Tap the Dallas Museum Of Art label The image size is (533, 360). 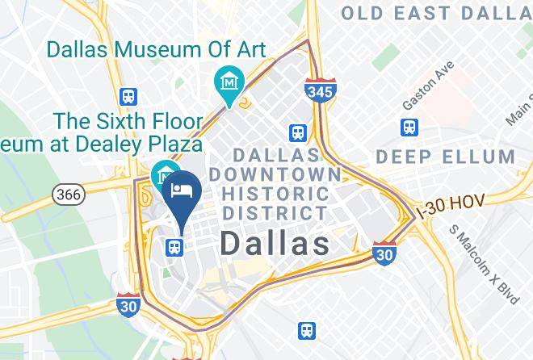(156, 48)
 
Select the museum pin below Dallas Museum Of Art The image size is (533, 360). (230, 83)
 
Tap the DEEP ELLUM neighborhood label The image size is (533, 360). (445, 156)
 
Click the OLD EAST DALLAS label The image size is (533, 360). (437, 12)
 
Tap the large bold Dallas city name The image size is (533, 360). (275, 243)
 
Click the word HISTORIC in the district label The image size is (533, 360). (275, 194)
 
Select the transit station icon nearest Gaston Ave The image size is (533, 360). (409, 128)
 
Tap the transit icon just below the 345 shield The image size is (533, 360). (298, 132)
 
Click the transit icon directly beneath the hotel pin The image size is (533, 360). (173, 247)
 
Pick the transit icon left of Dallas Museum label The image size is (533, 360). (127, 96)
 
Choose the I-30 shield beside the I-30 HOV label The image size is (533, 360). (384, 253)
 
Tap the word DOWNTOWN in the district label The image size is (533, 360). (275, 174)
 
